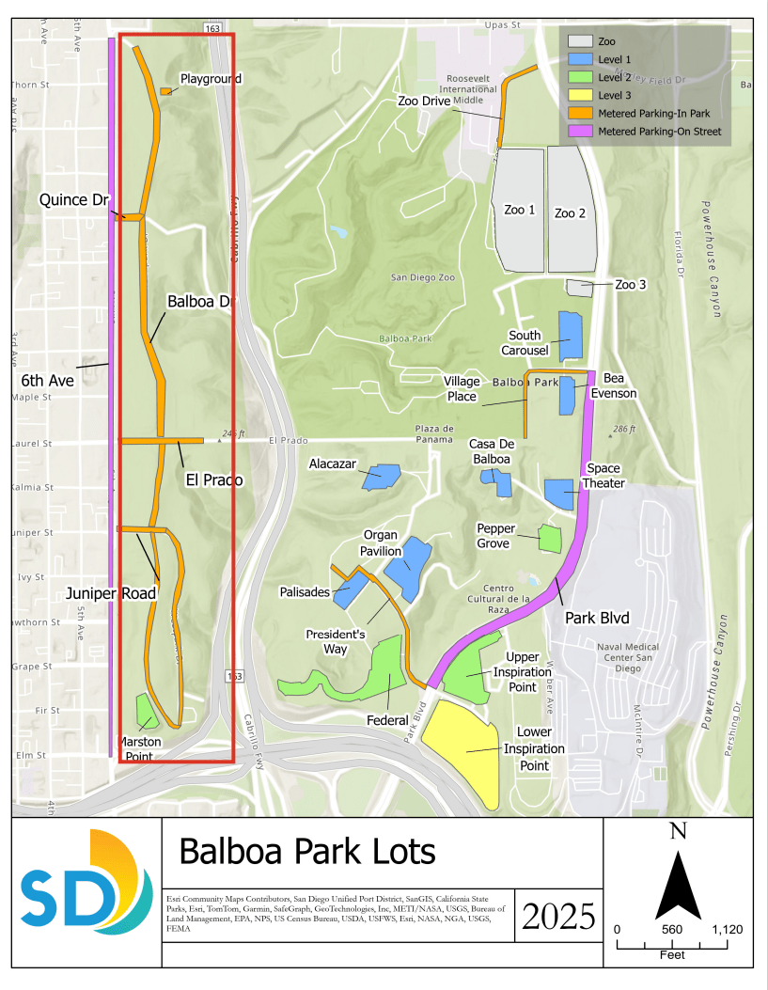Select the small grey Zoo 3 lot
tap(579, 288)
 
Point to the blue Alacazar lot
tap(380, 476)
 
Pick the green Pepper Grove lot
tap(550, 538)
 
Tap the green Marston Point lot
tap(146, 711)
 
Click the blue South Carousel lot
tap(571, 337)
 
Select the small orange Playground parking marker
tap(165, 91)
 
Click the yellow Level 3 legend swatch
tap(578, 95)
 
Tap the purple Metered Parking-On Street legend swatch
tap(578, 132)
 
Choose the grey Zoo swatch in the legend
tap(578, 41)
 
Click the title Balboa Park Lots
tap(307, 852)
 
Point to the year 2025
tap(558, 914)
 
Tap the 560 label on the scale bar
tap(671, 929)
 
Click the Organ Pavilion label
tap(383, 543)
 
